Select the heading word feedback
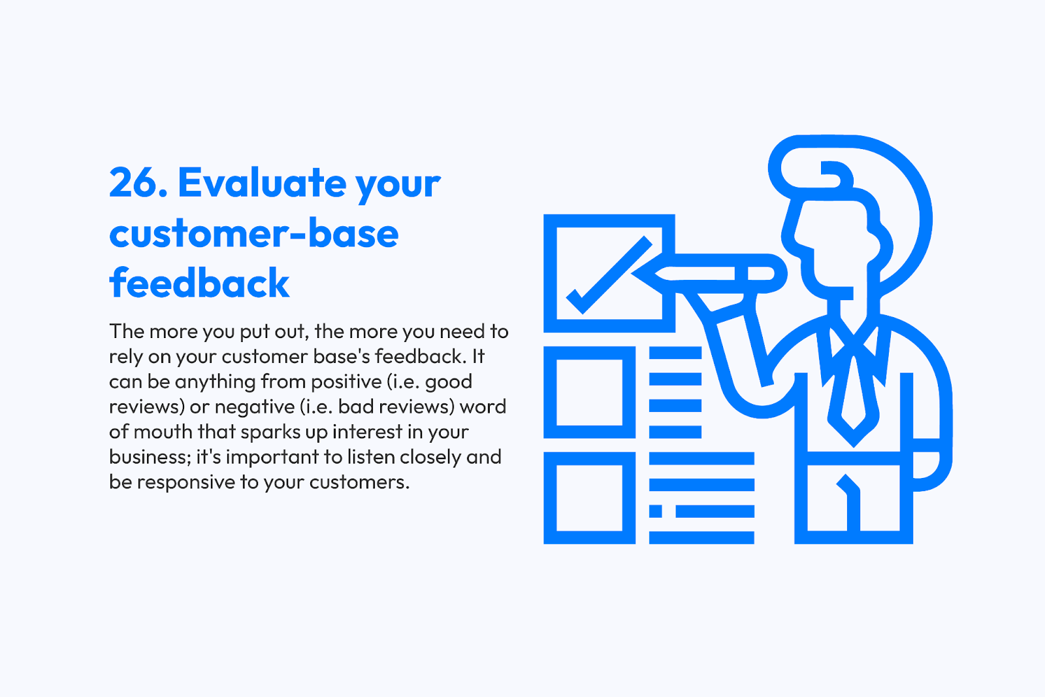(199, 282)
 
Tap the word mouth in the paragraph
(163, 431)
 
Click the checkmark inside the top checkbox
(609, 275)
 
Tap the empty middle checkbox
(590, 352)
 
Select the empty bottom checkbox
(590, 458)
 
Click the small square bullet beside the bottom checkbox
(656, 511)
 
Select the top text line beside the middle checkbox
(675, 352)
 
